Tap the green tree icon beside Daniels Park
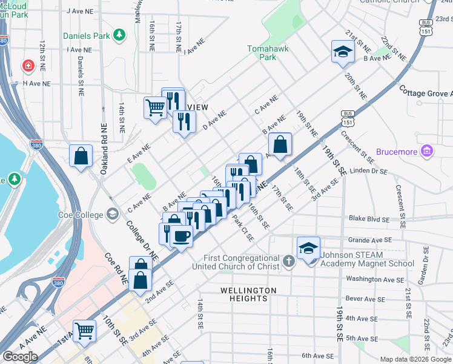tap(121, 35)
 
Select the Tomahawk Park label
tap(262, 53)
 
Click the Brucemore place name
tap(397, 151)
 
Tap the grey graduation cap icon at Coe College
tap(113, 214)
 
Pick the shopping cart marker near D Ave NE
tap(155, 108)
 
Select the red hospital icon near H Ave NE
tap(28, 66)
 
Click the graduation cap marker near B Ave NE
tap(342, 52)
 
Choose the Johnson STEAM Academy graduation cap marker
tap(308, 248)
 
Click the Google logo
tap(20, 357)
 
